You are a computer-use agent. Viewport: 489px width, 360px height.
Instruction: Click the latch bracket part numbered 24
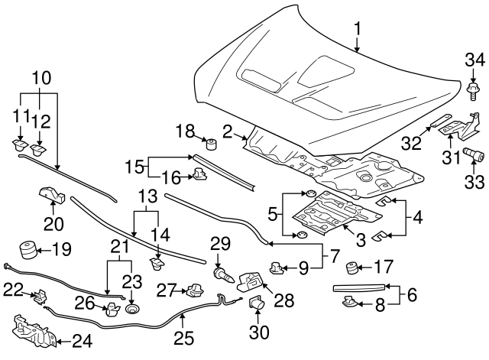[x=29, y=331]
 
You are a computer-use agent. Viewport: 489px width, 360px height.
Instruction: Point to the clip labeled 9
[x=276, y=268]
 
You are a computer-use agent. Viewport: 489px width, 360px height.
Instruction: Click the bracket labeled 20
[x=50, y=196]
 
